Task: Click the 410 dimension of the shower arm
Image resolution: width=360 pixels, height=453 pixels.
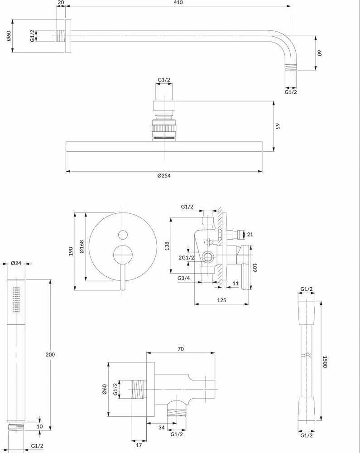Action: coord(178,3)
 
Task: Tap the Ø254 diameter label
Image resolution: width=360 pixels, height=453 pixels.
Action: coord(164,175)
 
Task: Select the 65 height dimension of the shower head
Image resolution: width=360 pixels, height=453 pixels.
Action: coord(278,126)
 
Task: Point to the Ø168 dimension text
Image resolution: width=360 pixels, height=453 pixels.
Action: coord(82,246)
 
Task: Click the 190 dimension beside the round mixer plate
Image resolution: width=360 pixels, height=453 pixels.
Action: coord(71,251)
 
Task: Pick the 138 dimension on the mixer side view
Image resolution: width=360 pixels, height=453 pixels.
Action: coord(167,246)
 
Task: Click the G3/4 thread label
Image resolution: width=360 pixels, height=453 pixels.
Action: coord(183,278)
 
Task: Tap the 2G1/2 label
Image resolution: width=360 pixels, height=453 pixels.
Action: coord(186,257)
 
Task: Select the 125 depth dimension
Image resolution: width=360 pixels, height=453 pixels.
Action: coord(221,300)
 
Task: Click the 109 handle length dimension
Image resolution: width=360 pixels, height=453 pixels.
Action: coord(254,268)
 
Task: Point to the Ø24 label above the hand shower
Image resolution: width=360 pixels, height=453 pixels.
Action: coord(16,263)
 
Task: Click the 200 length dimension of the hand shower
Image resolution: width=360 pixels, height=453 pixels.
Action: coord(50,355)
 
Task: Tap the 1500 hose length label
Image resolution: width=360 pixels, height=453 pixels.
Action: coord(325,361)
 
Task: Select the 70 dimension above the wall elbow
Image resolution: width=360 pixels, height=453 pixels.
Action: coord(180,349)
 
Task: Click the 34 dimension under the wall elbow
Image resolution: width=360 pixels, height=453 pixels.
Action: coord(162,427)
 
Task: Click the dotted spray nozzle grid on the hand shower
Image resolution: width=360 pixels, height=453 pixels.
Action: coord(16,299)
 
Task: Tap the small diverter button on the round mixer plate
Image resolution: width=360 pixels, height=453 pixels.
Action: coord(123,235)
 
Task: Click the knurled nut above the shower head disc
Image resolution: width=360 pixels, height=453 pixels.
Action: coord(164,128)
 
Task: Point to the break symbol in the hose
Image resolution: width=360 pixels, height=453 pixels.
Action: coord(306,355)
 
